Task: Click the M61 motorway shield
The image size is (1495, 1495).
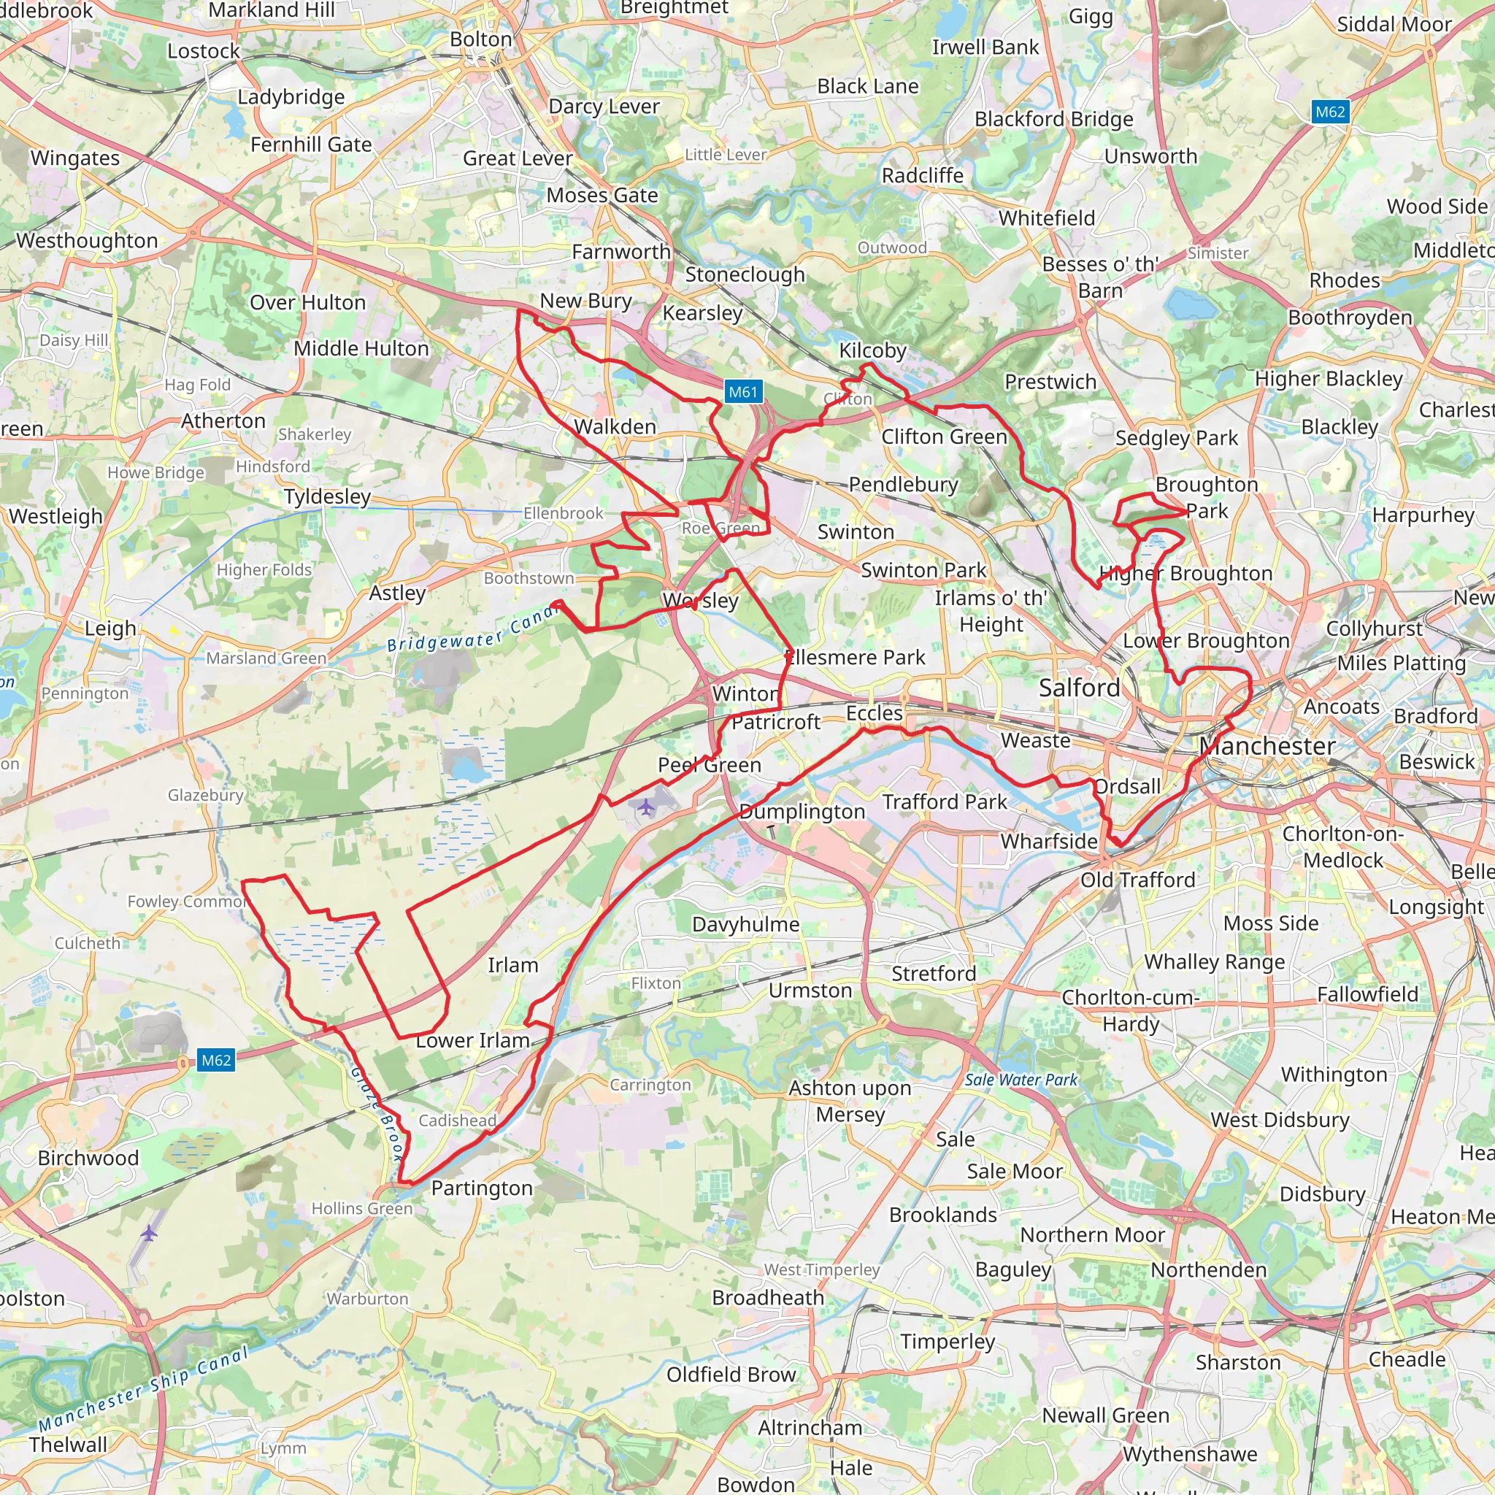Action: (743, 392)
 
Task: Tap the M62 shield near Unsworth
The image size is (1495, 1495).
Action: (1330, 112)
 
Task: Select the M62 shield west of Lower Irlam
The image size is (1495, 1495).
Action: (216, 1060)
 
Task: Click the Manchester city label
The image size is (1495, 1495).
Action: (1267, 746)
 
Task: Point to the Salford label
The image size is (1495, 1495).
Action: (1079, 687)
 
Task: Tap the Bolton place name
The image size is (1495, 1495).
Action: (480, 39)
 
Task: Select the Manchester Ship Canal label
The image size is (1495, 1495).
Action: (144, 1389)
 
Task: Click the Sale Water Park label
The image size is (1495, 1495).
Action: (1021, 1080)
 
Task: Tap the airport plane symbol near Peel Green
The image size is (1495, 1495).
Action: (646, 808)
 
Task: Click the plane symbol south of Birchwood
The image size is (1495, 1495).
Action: (149, 1233)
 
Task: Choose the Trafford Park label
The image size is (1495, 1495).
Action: (944, 802)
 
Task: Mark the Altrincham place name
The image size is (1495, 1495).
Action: (810, 1428)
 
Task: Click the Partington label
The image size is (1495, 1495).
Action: (481, 1188)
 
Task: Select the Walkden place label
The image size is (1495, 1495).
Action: (615, 426)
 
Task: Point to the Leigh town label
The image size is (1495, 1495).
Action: (111, 628)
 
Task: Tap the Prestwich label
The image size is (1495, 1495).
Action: (1050, 382)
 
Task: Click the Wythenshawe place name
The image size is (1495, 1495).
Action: (1189, 1454)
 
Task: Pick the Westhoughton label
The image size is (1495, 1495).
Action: (87, 241)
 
